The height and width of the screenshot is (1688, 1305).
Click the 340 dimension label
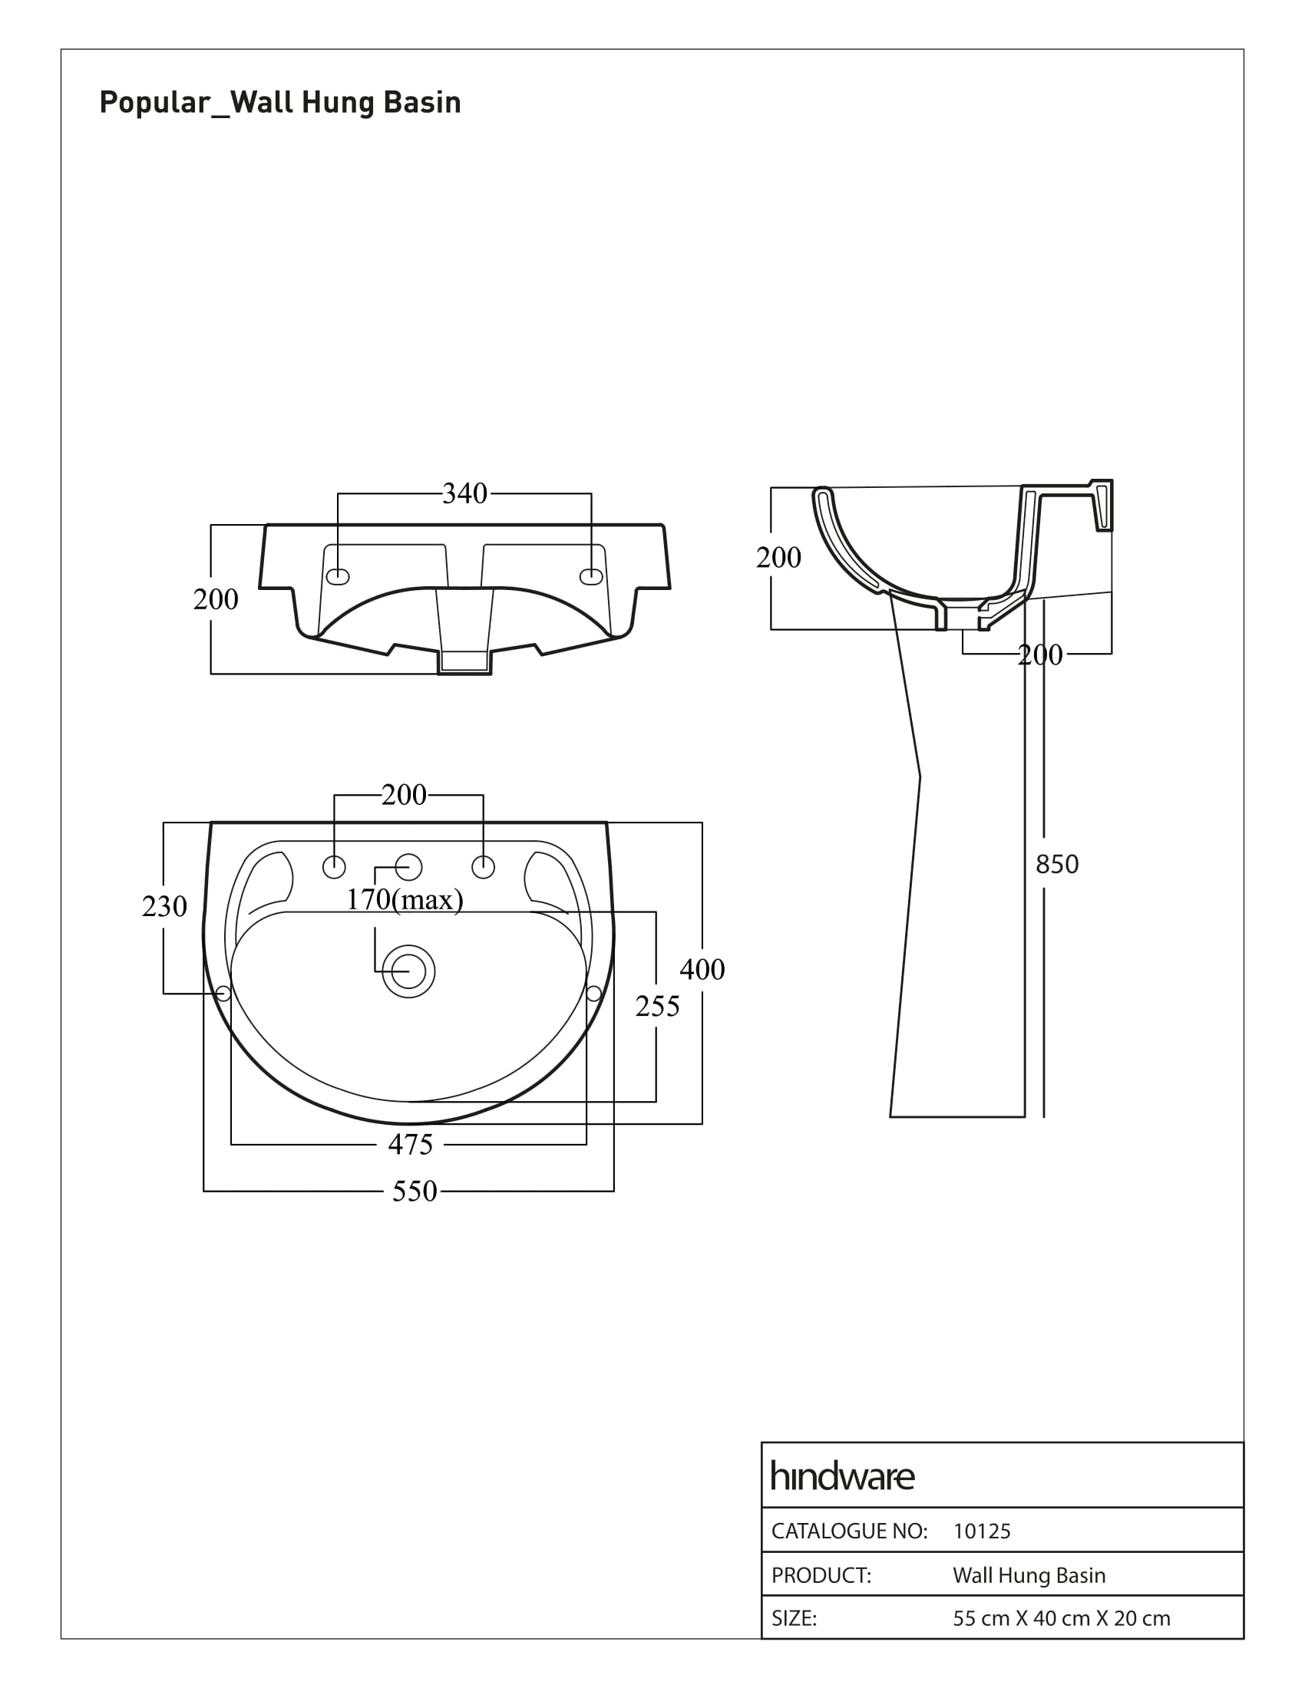[464, 493]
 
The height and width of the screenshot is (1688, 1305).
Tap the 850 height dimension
[1057, 864]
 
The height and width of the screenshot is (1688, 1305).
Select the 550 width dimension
[415, 1191]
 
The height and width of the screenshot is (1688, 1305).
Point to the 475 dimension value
[411, 1144]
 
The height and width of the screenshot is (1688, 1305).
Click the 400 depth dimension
[702, 969]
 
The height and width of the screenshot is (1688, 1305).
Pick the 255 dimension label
[657, 1006]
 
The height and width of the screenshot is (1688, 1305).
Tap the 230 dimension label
[165, 906]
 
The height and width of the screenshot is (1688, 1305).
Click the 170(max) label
[405, 899]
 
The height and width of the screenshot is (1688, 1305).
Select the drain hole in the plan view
[409, 971]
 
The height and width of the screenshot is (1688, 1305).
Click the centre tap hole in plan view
[409, 867]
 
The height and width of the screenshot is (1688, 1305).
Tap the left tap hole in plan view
[334, 867]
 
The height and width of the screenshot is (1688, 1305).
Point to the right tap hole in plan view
[483, 867]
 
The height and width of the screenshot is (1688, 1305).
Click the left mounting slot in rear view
[339, 576]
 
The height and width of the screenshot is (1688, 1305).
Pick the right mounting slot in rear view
[591, 576]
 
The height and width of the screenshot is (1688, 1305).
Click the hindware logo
[843, 1477]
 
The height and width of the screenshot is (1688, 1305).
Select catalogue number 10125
[982, 1531]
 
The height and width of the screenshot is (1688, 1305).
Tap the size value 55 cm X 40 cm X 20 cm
[1062, 1617]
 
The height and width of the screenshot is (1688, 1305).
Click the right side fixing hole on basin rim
[593, 993]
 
